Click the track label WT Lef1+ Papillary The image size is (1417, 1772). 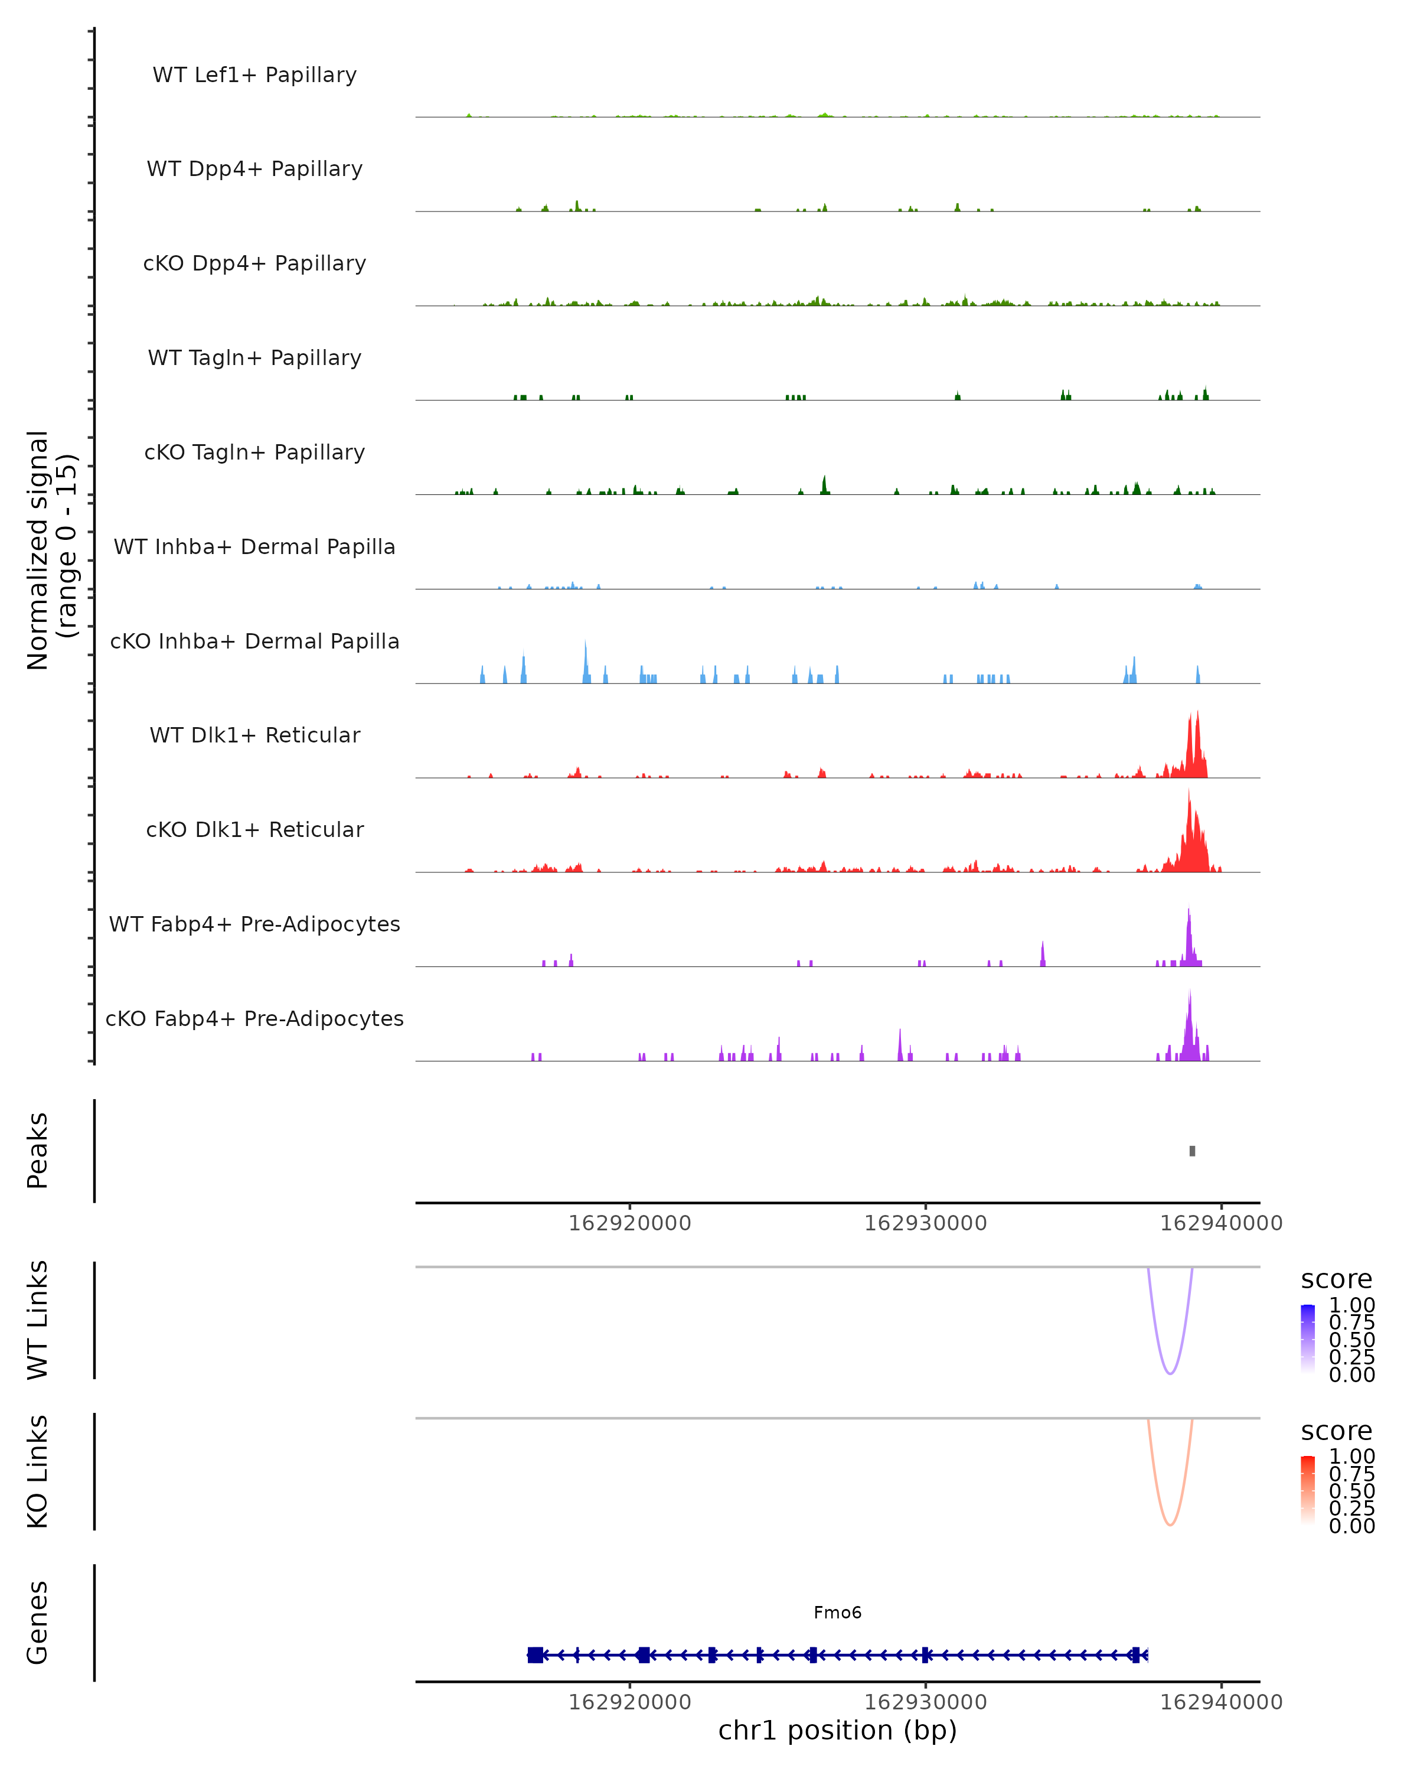tap(254, 75)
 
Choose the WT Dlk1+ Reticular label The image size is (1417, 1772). tap(254, 735)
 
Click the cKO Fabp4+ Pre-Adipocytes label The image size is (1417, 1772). tap(254, 1018)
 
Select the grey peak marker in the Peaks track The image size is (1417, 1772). tap(1192, 1151)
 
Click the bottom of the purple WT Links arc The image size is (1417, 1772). tap(1170, 1373)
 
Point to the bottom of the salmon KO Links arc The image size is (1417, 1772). tap(1170, 1525)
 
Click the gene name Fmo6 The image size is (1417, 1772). tap(837, 1613)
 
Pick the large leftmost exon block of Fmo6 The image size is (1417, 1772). tap(535, 1654)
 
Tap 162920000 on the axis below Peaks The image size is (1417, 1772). tap(630, 1223)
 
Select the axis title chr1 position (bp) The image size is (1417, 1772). tap(837, 1730)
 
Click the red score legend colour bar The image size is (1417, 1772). tap(1308, 1490)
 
